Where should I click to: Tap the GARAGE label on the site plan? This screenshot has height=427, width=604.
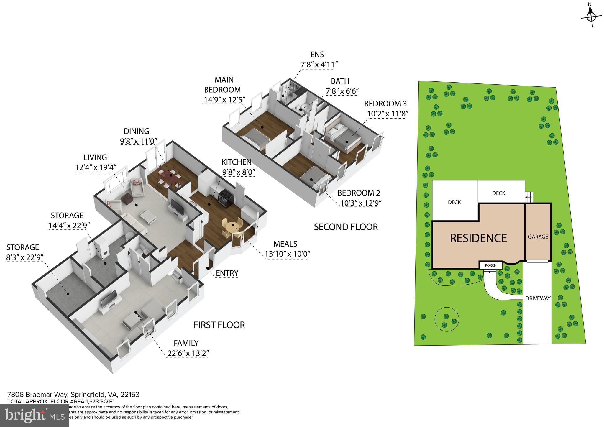(x=538, y=237)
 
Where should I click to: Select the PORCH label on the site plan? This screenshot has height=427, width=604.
(x=491, y=265)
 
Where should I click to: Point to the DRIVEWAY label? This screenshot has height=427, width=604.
(x=538, y=298)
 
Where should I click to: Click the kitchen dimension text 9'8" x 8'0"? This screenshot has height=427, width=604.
(x=239, y=172)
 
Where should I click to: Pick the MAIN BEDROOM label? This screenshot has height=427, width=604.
(x=224, y=85)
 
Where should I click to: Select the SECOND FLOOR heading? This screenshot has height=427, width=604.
(x=346, y=227)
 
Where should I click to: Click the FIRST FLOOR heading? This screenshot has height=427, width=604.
(x=219, y=325)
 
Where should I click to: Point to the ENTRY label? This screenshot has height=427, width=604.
(x=227, y=273)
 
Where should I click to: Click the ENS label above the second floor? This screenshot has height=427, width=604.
(x=317, y=55)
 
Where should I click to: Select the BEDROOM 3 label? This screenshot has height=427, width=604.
(x=385, y=104)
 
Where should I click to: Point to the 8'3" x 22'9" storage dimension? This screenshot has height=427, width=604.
(x=25, y=257)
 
